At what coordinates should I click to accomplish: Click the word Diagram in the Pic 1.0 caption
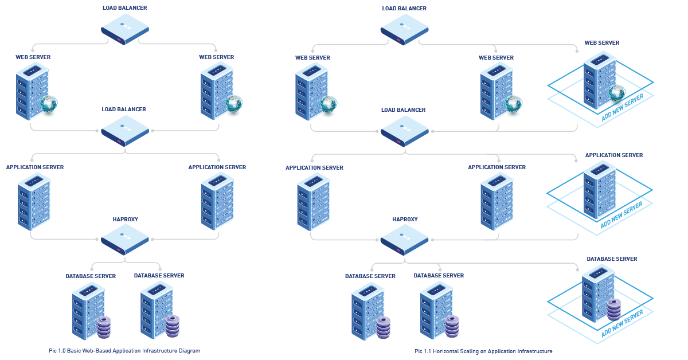[188, 350]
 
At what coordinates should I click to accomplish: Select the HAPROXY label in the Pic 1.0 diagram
[125, 219]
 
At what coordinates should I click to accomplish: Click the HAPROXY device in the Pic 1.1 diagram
[404, 240]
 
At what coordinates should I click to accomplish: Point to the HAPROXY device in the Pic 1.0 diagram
[125, 240]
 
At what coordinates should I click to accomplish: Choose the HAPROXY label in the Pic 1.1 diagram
[405, 219]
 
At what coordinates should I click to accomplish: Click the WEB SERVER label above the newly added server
[601, 43]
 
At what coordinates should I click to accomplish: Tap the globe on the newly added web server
[616, 91]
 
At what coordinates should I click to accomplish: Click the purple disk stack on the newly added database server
[614, 310]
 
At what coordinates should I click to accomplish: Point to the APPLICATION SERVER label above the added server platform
[614, 155]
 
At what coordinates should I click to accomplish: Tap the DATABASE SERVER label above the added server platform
[612, 259]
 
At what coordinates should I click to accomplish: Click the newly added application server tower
[599, 189]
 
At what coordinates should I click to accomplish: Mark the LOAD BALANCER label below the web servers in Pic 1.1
[404, 109]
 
